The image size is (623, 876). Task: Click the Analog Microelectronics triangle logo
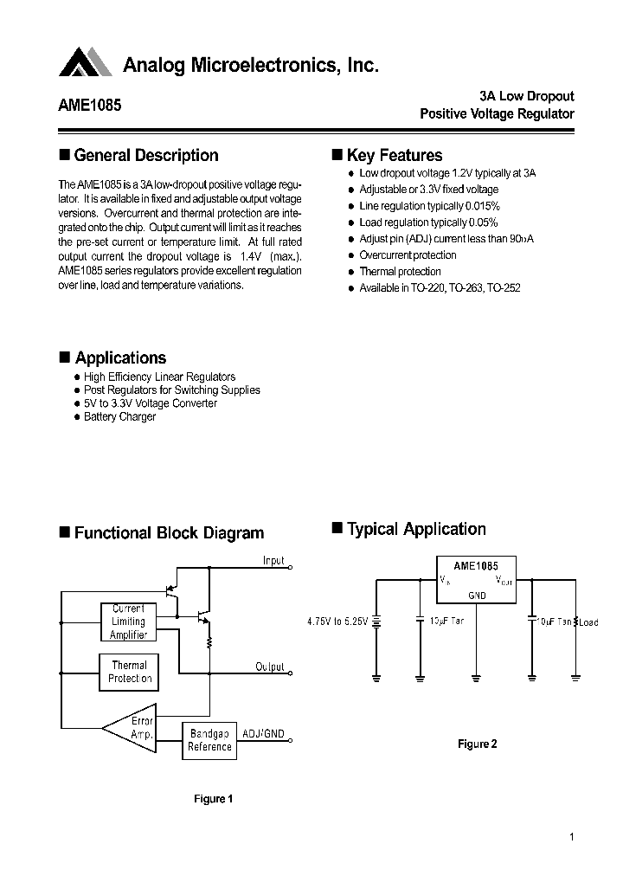[x=86, y=62]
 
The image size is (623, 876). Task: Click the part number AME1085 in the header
[x=90, y=106]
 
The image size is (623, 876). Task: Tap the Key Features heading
[x=394, y=156]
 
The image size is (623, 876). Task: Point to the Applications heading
[x=120, y=358]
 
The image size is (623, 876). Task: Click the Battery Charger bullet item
[x=119, y=417]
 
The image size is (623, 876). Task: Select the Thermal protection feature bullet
[x=400, y=272]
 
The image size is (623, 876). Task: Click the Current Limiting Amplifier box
[x=128, y=622]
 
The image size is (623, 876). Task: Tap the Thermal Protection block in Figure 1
[x=129, y=672]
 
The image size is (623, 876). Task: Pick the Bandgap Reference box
[x=209, y=740]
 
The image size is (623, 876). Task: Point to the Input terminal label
[x=273, y=561]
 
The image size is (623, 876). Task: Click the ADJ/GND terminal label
[x=263, y=733]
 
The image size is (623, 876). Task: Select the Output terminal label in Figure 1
[x=270, y=667]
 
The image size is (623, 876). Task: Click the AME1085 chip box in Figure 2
[x=477, y=579]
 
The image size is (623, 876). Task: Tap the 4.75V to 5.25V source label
[x=337, y=622]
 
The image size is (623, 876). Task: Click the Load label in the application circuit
[x=588, y=622]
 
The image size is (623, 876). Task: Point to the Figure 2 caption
[x=477, y=744]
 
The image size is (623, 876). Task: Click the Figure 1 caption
[x=213, y=799]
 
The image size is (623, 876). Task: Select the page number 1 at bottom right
[x=573, y=837]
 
